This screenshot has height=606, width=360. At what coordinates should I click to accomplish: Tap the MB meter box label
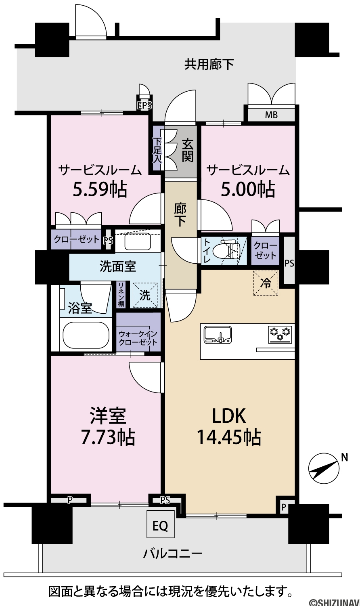271,115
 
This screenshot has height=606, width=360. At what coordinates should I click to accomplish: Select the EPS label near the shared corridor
144,105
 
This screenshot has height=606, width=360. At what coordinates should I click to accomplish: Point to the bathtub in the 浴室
86,335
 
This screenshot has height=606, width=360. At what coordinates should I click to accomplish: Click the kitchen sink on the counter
218,334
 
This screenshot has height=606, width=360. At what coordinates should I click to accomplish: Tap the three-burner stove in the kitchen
280,334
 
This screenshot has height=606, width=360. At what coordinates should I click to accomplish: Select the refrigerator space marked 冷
266,283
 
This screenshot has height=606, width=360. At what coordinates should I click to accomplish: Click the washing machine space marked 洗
145,295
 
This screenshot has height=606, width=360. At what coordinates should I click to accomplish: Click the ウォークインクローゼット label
138,338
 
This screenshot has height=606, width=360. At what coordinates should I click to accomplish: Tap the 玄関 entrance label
187,150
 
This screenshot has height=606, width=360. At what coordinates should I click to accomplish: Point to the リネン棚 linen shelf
121,295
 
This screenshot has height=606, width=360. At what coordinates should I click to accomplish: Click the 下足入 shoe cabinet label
157,151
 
